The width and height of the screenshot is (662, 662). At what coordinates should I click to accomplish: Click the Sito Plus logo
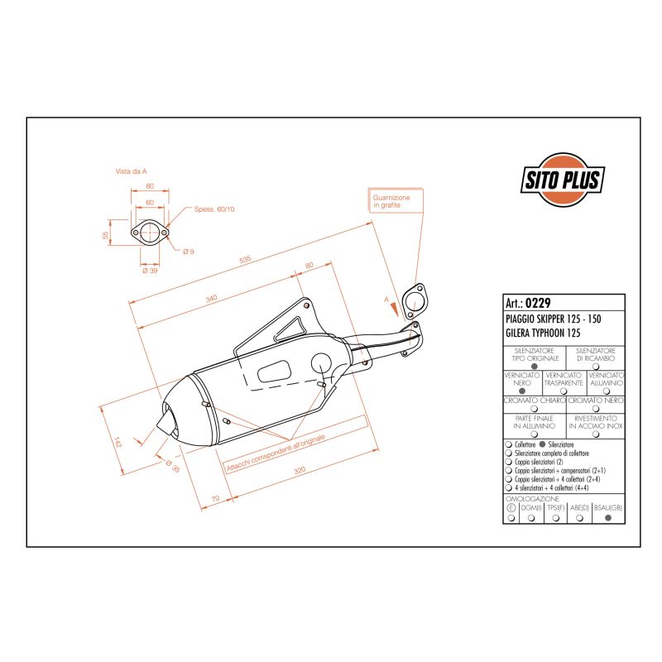(x=563, y=179)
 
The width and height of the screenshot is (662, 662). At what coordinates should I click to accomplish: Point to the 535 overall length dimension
(x=245, y=260)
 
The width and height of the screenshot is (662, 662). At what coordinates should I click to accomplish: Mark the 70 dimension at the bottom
(x=215, y=499)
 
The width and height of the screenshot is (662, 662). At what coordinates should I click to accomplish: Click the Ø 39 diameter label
(x=150, y=271)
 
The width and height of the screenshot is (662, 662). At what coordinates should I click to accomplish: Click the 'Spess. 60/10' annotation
(x=214, y=209)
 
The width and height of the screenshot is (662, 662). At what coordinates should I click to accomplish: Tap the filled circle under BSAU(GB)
(x=609, y=518)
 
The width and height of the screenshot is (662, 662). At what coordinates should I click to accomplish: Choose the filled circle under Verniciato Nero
(x=522, y=391)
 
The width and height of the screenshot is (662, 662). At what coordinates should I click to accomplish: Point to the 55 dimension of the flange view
(x=105, y=235)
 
